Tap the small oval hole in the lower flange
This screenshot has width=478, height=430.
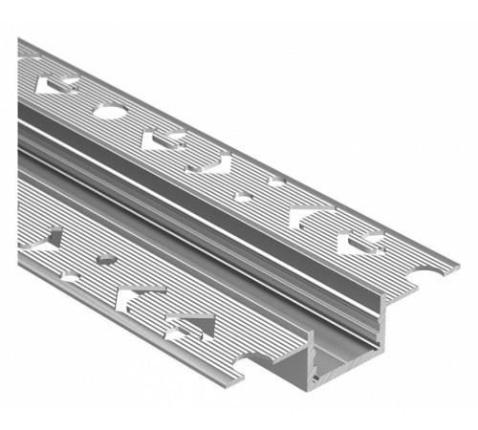pyautogui.click(x=106, y=259)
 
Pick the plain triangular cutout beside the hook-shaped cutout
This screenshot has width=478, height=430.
pyautogui.click(x=308, y=217)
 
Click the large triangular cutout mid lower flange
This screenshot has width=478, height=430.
pyautogui.click(x=134, y=296)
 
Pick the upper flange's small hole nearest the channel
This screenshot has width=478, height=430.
pyautogui.click(x=244, y=199)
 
